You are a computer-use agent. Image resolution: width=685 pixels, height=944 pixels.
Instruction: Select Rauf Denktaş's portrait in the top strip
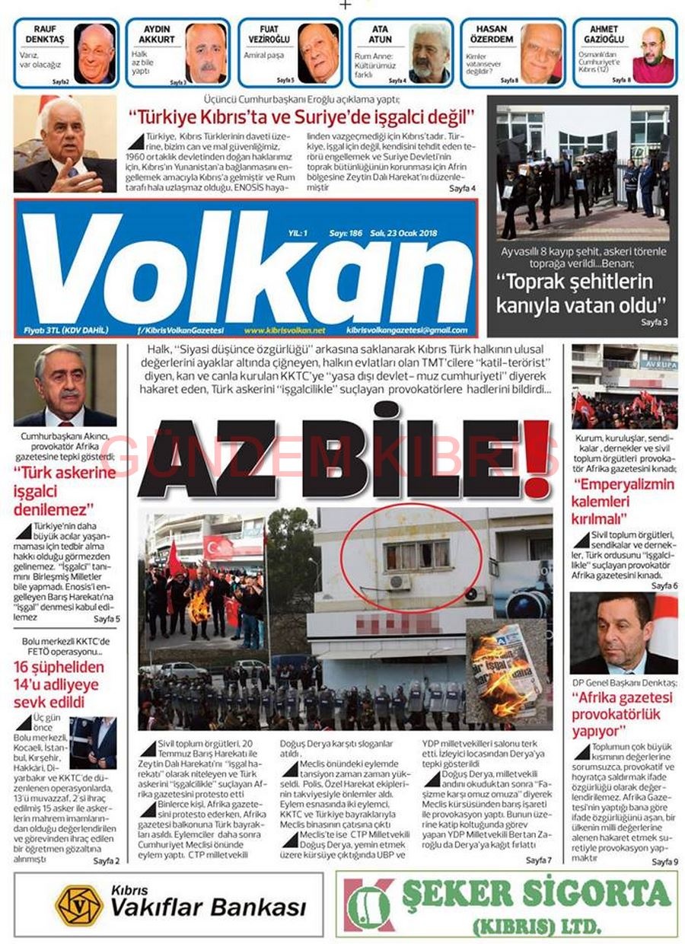click(95, 53)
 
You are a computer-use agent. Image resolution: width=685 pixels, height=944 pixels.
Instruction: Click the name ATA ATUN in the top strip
click(381, 34)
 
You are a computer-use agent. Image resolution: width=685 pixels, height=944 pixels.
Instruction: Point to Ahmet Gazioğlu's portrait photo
click(653, 55)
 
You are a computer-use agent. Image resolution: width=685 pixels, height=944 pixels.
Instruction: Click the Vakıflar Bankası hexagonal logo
click(79, 905)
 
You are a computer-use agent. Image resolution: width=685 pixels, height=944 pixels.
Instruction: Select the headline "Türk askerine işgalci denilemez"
click(65, 491)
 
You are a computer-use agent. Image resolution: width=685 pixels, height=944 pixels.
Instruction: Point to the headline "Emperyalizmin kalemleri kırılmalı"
click(623, 501)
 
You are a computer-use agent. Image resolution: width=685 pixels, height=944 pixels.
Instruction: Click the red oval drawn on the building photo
click(411, 557)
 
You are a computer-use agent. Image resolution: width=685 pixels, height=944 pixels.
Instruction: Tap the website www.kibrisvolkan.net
click(285, 330)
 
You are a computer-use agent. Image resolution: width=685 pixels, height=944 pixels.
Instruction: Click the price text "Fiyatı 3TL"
click(44, 330)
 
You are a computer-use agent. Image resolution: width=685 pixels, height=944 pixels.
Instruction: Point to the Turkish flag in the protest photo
click(220, 547)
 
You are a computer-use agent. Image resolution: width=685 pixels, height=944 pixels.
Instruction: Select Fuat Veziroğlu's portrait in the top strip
click(318, 53)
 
